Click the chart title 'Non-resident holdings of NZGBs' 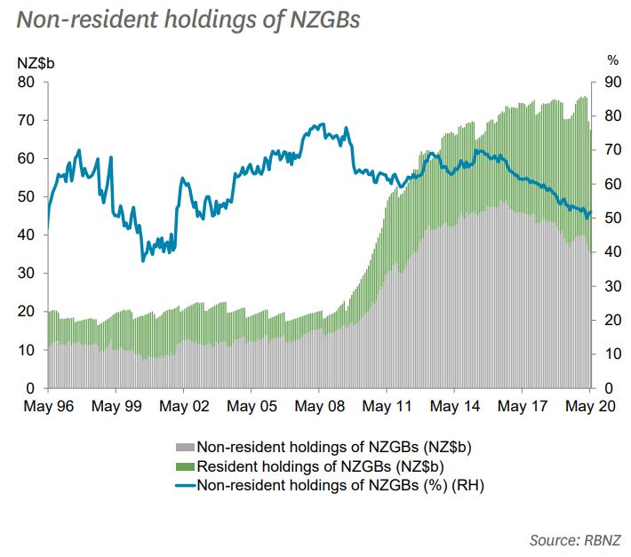click(188, 20)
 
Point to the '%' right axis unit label click(612, 61)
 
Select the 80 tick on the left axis click(28, 82)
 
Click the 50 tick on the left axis click(28, 197)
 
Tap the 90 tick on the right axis click(612, 82)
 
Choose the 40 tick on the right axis click(612, 252)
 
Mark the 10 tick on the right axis click(612, 354)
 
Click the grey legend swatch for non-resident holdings click(185, 447)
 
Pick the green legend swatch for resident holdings click(185, 465)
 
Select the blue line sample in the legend click(185, 485)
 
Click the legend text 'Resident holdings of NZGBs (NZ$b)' click(320, 465)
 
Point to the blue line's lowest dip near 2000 click(142, 260)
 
